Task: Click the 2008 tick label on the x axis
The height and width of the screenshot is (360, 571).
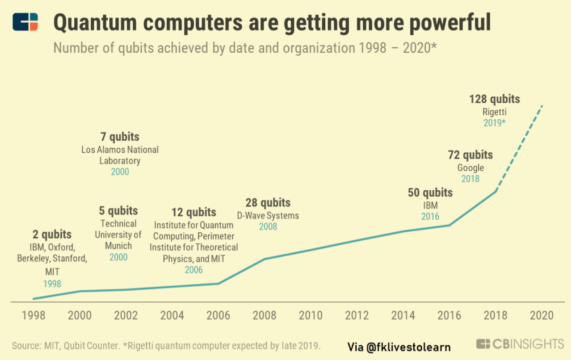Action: pyautogui.click(x=264, y=315)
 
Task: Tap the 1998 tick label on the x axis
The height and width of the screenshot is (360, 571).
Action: pyautogui.click(x=34, y=315)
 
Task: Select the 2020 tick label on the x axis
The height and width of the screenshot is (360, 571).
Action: pyautogui.click(x=542, y=315)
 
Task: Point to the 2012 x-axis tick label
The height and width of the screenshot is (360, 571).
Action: pyautogui.click(x=357, y=315)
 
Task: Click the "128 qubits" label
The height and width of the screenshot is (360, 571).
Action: pyautogui.click(x=495, y=99)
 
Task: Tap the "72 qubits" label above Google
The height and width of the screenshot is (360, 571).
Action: pyautogui.click(x=470, y=155)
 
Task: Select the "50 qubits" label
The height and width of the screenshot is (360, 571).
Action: pyautogui.click(x=430, y=193)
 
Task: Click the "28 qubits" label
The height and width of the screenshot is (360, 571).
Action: pyautogui.click(x=268, y=203)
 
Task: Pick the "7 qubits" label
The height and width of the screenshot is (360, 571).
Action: pyautogui.click(x=120, y=137)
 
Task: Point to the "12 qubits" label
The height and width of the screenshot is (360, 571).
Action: pyautogui.click(x=193, y=212)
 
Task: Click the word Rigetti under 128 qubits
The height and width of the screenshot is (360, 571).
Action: pyautogui.click(x=495, y=112)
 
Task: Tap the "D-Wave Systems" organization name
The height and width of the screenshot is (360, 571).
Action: pyautogui.click(x=268, y=216)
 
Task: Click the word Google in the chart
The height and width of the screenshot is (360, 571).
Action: pyautogui.click(x=470, y=168)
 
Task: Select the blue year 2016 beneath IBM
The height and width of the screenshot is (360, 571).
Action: pyautogui.click(x=430, y=217)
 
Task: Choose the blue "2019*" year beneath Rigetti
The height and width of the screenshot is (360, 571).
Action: pyautogui.click(x=495, y=122)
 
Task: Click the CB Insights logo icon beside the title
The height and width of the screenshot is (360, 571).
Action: pyautogui.click(x=25, y=22)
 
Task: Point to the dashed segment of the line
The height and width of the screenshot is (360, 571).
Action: pyautogui.click(x=518, y=149)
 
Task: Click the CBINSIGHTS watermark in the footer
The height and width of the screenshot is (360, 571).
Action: pyautogui.click(x=521, y=344)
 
